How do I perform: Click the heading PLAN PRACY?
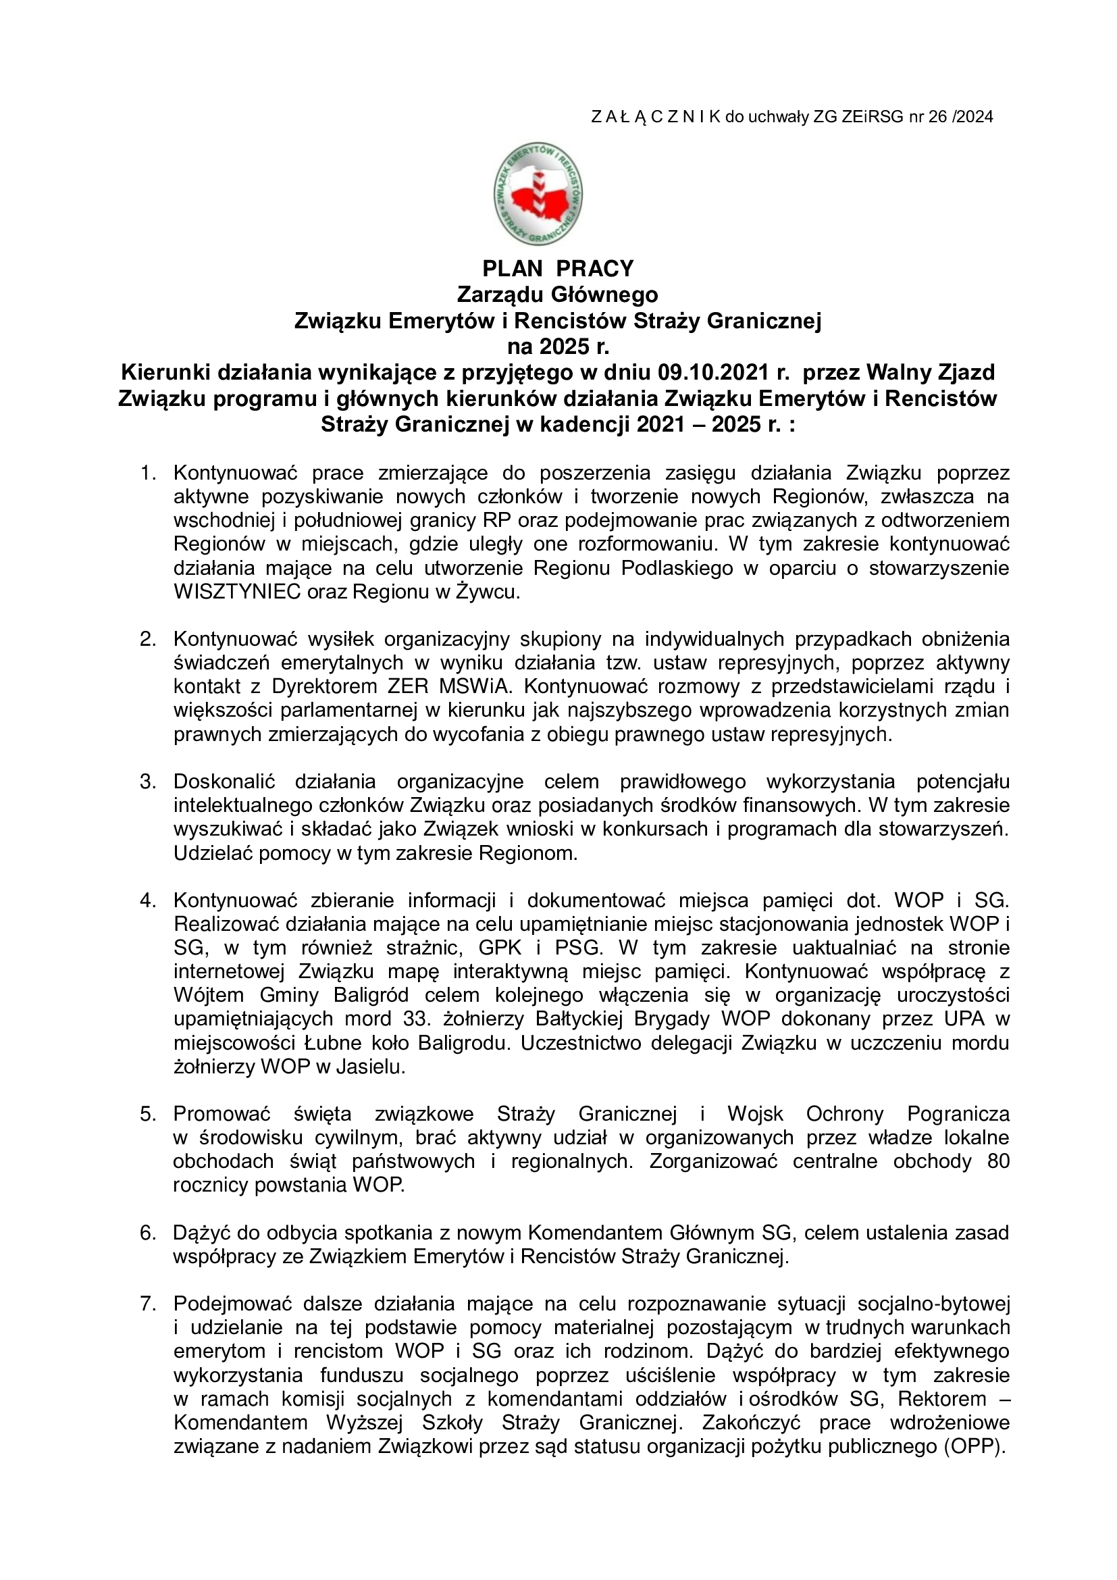point(558,268)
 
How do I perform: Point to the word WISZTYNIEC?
point(237,592)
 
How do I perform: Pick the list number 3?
point(148,782)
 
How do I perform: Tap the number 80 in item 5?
point(997,1161)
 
